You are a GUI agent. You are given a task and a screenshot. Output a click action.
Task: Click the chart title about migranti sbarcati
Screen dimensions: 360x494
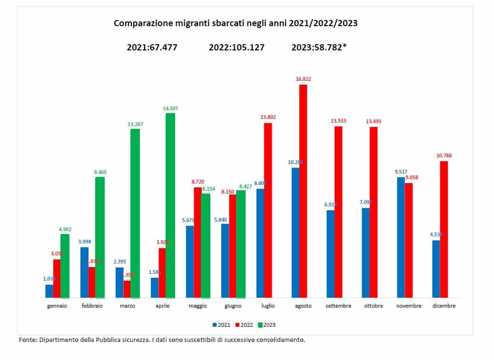coord(235,23)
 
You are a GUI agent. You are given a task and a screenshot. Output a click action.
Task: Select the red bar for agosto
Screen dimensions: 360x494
coord(303,190)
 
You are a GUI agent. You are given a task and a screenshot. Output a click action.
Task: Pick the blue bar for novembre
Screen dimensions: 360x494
coord(401,237)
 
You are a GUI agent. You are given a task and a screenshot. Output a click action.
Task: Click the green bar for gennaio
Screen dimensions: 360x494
coord(65,266)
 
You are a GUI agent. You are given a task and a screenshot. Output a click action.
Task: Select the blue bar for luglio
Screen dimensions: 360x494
coord(260,243)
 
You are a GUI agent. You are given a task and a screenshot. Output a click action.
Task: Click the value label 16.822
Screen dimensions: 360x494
coord(303,79)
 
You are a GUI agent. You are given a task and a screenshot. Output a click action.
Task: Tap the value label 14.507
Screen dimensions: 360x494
coord(170,108)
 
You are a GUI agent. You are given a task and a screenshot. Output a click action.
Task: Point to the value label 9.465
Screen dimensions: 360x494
coord(100,172)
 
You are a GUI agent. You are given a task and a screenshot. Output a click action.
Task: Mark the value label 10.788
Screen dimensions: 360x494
coord(444,156)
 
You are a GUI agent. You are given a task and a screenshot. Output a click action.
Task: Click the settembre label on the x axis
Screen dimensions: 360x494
coord(338,306)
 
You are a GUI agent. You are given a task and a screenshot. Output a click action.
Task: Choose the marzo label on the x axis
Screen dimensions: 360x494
coord(128,306)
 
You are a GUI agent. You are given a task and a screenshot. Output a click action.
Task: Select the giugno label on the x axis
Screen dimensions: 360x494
coord(233,306)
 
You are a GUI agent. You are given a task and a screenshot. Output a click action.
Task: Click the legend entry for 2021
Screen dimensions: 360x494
coord(221,325)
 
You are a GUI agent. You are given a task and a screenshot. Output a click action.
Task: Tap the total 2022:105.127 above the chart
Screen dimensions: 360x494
coord(237,48)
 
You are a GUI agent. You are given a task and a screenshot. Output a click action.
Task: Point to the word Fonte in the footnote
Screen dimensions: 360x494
coord(27,340)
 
